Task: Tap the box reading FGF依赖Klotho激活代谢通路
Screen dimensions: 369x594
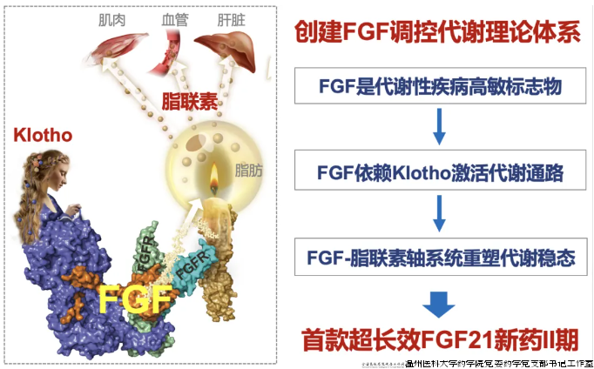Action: pyautogui.click(x=438, y=173)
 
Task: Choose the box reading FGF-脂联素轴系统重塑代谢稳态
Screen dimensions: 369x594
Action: pyautogui.click(x=438, y=258)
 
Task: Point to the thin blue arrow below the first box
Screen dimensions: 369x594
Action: pyautogui.click(x=439, y=129)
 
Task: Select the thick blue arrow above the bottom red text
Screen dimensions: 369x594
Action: pyautogui.click(x=439, y=301)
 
